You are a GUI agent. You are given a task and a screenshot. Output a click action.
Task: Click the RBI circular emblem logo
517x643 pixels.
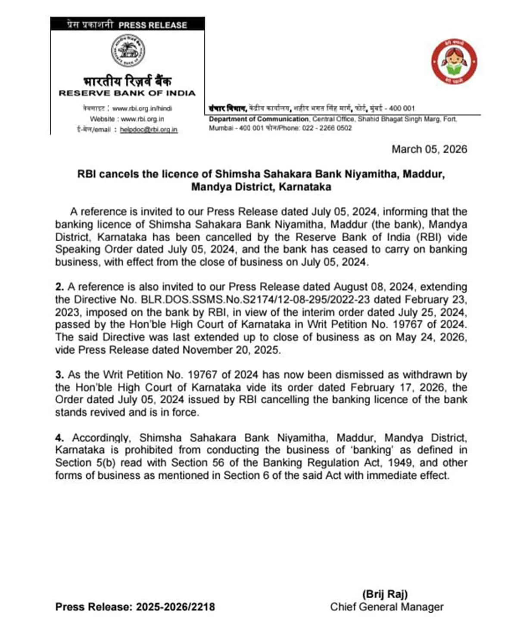[x=128, y=51]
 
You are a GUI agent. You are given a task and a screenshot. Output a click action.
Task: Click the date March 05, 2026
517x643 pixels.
[x=429, y=149]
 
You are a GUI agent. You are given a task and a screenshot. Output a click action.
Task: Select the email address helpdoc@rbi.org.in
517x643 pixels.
[x=149, y=130]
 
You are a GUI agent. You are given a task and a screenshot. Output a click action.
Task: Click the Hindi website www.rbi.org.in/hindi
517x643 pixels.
[x=142, y=109]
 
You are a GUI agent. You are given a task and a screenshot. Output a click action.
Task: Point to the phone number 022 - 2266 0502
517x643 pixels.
[x=327, y=128]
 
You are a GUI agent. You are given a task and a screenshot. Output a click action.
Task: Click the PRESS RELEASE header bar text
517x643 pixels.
[x=153, y=25]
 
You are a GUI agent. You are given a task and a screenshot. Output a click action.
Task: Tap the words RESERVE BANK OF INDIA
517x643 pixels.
[x=127, y=93]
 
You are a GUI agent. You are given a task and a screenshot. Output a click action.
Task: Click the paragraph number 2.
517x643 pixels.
[x=59, y=287]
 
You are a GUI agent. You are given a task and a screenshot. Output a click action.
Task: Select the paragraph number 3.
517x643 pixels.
[x=59, y=375]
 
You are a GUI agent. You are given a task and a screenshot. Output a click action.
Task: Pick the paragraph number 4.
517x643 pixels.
[x=59, y=438]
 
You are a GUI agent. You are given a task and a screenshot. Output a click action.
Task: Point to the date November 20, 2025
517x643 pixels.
[x=231, y=350]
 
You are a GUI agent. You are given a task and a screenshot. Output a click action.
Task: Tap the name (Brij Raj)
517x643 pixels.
[x=385, y=594]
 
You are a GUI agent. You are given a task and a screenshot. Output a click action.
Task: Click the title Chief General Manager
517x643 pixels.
[x=386, y=607]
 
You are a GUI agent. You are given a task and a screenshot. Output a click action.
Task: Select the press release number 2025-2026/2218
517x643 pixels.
[x=175, y=607]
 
